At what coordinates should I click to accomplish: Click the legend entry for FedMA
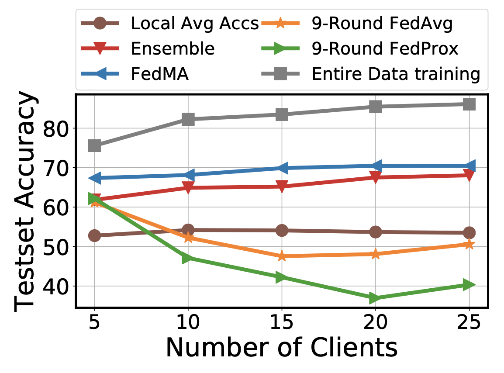(160, 74)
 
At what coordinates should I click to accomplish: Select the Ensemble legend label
(173, 48)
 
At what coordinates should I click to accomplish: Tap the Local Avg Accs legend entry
(195, 23)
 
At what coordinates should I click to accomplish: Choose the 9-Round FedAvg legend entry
(382, 23)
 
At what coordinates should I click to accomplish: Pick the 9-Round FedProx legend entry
(385, 48)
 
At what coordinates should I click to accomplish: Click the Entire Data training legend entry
(396, 74)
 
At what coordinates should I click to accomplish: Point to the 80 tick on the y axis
(55, 128)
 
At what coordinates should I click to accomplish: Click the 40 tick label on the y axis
(55, 286)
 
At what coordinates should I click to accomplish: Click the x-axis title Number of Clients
(282, 348)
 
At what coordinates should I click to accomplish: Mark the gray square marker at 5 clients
(95, 145)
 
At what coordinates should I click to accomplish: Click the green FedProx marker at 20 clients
(375, 298)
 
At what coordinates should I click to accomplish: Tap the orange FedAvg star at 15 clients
(282, 256)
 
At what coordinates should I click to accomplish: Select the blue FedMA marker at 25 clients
(469, 166)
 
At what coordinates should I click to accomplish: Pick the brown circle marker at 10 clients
(188, 230)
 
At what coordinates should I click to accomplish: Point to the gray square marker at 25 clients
(469, 104)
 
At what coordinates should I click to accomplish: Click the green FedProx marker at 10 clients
(188, 258)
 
